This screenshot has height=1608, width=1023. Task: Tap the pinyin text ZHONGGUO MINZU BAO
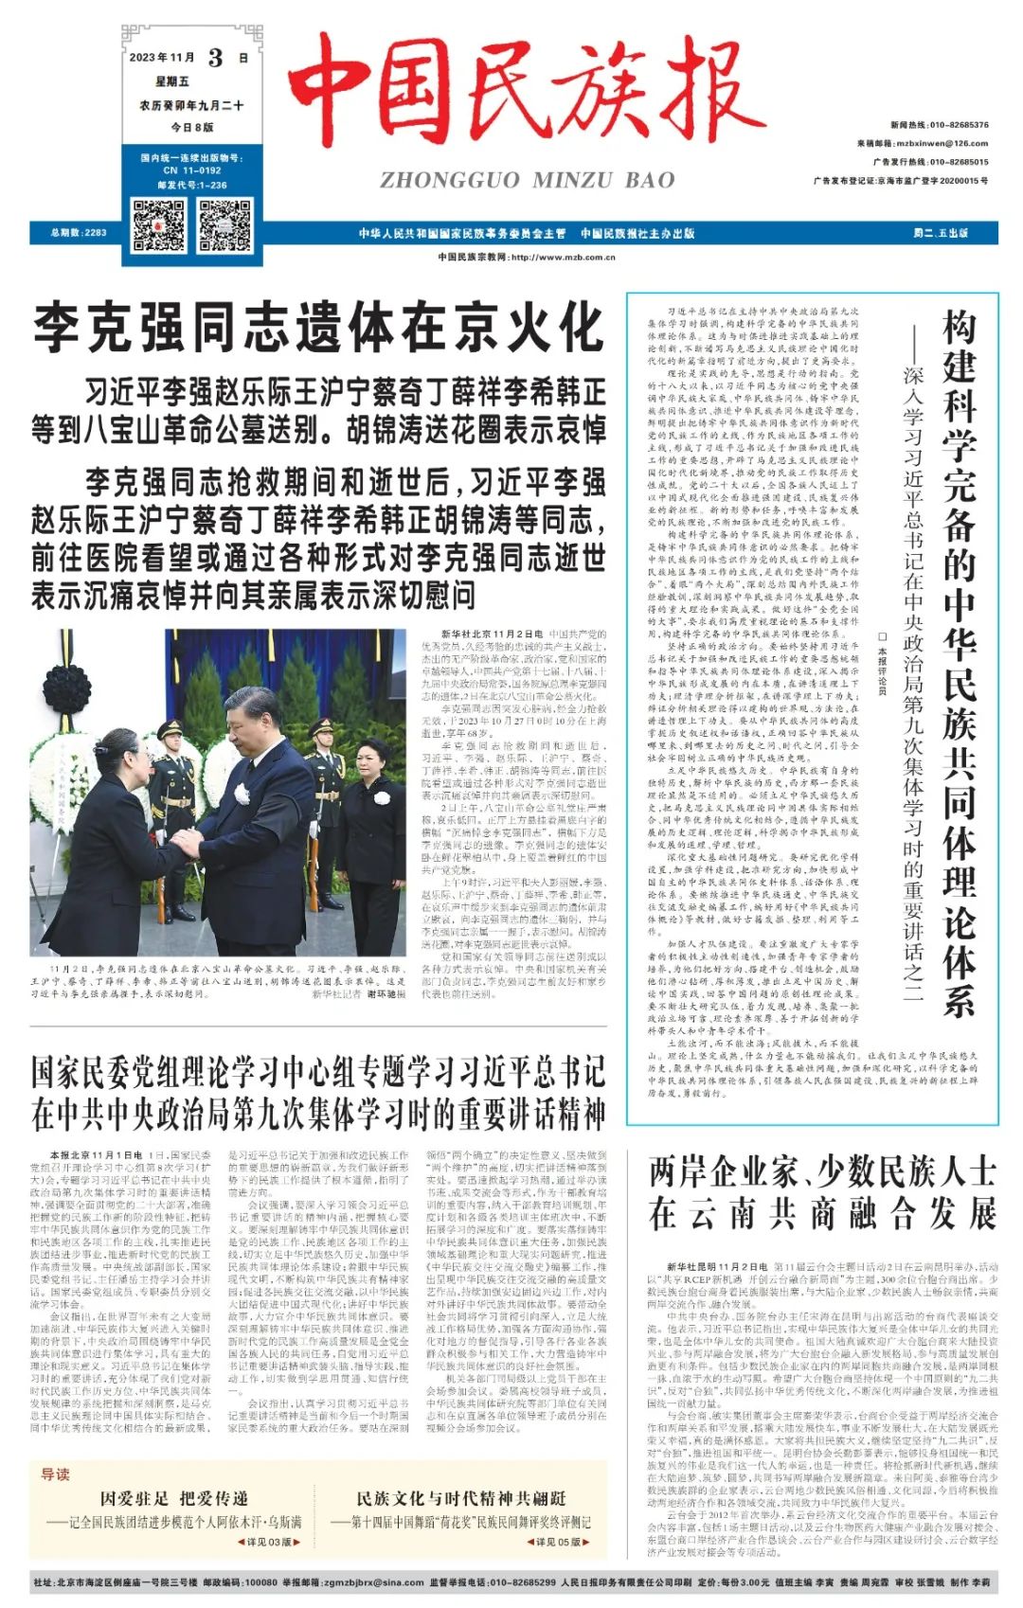[x=528, y=180]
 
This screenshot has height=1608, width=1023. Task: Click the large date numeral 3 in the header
[x=216, y=58]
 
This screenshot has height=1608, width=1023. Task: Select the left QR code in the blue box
[x=158, y=224]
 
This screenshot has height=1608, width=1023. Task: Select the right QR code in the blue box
[x=224, y=224]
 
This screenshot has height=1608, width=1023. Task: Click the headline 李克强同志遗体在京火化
[x=318, y=329]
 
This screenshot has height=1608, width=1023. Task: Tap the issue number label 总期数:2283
[x=80, y=233]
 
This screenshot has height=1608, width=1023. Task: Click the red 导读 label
[x=56, y=1474]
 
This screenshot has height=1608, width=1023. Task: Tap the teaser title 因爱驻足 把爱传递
[x=173, y=1497]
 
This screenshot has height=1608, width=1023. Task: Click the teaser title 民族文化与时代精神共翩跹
[x=461, y=1497]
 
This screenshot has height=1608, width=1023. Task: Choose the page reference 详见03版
[x=266, y=1542]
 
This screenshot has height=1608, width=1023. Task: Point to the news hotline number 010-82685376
[x=959, y=125]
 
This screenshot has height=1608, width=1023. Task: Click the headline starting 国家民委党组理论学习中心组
[x=318, y=1093]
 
